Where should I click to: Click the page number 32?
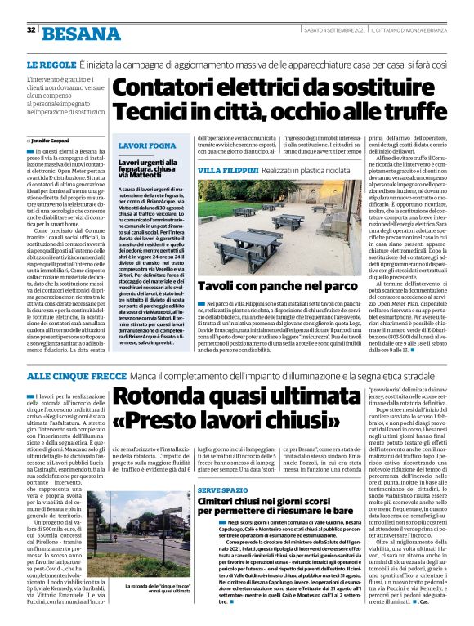[30, 30]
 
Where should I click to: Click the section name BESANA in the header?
[78, 32]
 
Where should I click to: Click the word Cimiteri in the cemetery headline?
[221, 500]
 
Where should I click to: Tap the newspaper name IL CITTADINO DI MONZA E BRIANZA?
[414, 30]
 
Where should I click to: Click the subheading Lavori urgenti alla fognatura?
[150, 167]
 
